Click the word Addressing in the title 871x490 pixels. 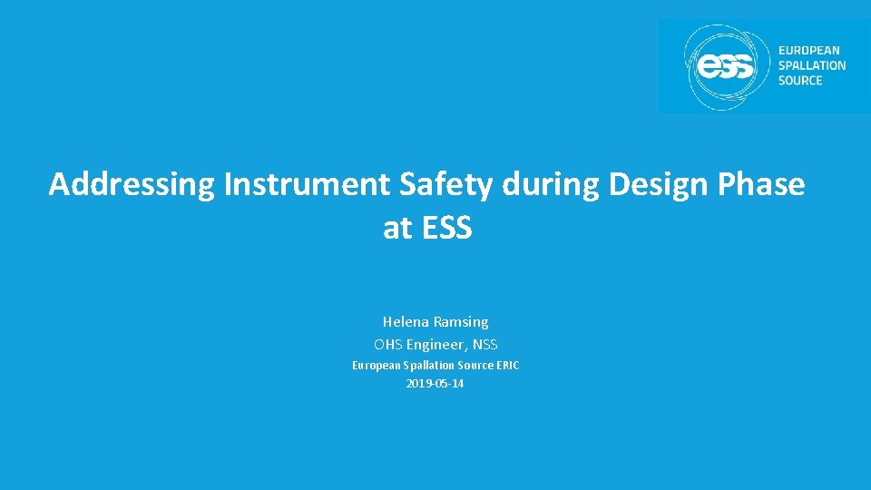pos(132,185)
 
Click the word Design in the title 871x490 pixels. pos(660,185)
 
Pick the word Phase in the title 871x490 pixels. pos(761,185)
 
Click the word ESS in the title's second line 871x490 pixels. pos(447,228)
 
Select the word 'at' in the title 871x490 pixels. pos(397,228)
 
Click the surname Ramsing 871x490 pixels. pos(462,322)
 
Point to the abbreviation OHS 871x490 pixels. pos(388,345)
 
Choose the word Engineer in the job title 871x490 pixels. pos(435,345)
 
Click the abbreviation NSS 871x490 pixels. pos(484,345)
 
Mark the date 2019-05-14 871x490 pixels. pos(435,384)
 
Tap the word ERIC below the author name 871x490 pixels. pos(507,366)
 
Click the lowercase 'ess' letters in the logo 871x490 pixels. pos(724,66)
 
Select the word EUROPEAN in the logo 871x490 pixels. pos(808,51)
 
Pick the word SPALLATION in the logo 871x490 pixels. pos(811,65)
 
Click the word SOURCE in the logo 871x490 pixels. pos(800,80)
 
